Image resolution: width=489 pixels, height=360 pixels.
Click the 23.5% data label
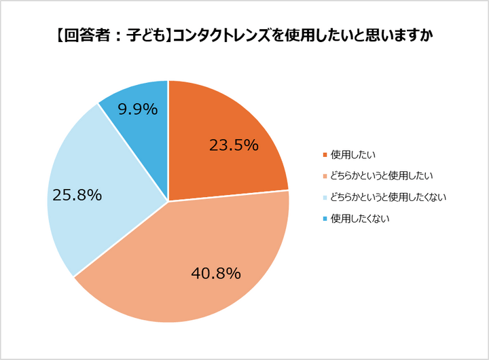[x=234, y=145]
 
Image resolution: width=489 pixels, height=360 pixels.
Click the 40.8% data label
[x=216, y=274]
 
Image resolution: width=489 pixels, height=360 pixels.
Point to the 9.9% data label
[x=137, y=109]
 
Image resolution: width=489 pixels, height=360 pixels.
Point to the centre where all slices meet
[x=168, y=201]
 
